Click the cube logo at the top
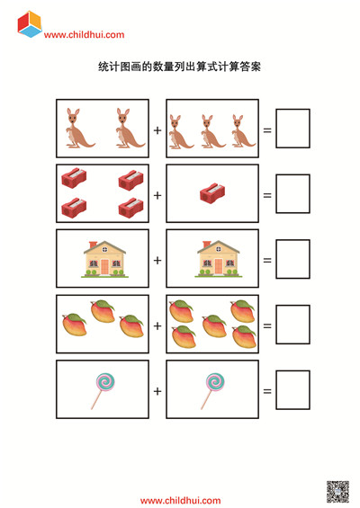30,24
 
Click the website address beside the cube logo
84,35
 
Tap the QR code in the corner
337,492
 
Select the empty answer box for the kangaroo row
292,129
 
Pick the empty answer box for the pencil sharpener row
292,193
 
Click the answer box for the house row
292,259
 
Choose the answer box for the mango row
292,325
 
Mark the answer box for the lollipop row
292,389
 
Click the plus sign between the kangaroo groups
157,130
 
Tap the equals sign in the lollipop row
267,391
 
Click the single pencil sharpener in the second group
212,193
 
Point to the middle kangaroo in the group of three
211,131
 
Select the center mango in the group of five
214,325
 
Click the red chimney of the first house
93,245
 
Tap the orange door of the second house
219,266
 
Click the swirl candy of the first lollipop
105,381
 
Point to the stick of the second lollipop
207,399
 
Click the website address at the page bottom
180,501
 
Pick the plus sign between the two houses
157,261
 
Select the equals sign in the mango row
267,325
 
